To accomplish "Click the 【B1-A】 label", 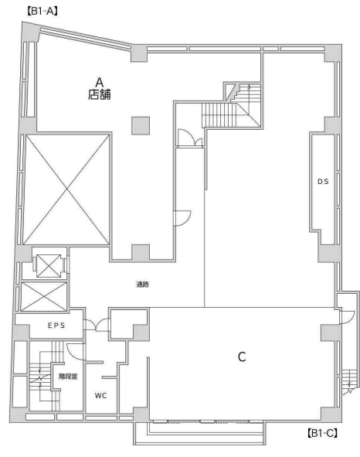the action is point(42,11).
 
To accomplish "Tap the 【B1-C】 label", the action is point(322,433).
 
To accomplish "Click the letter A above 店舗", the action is point(100,83).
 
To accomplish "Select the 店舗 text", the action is point(100,94).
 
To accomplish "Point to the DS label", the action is point(323,182).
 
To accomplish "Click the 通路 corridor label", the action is point(143,284).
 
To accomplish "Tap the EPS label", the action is point(56,326).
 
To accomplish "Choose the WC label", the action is point(100,395).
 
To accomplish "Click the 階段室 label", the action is point(68,377).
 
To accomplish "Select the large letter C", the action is point(242,356).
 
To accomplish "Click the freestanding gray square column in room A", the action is point(141,125).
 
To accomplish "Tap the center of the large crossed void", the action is point(66,189).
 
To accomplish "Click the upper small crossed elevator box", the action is point(49,266).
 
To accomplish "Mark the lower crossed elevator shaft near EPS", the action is point(44,296).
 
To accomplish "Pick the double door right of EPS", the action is point(97,325).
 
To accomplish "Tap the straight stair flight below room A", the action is point(219,115).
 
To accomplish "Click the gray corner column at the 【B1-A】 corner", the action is point(31,32).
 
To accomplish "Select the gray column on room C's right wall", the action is point(331,333).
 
